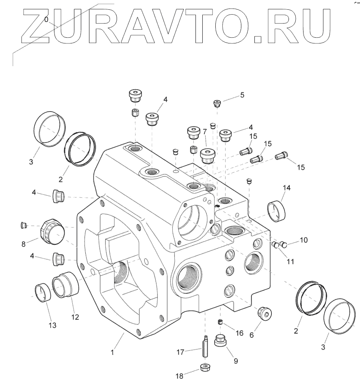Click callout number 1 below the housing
(113, 353)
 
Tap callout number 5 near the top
(242, 95)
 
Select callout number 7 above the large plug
(205, 132)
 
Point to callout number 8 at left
(24, 244)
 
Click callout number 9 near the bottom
(236, 361)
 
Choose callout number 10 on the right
(304, 240)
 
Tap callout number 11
(291, 261)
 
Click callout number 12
(75, 317)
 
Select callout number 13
(52, 326)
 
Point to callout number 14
(286, 188)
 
